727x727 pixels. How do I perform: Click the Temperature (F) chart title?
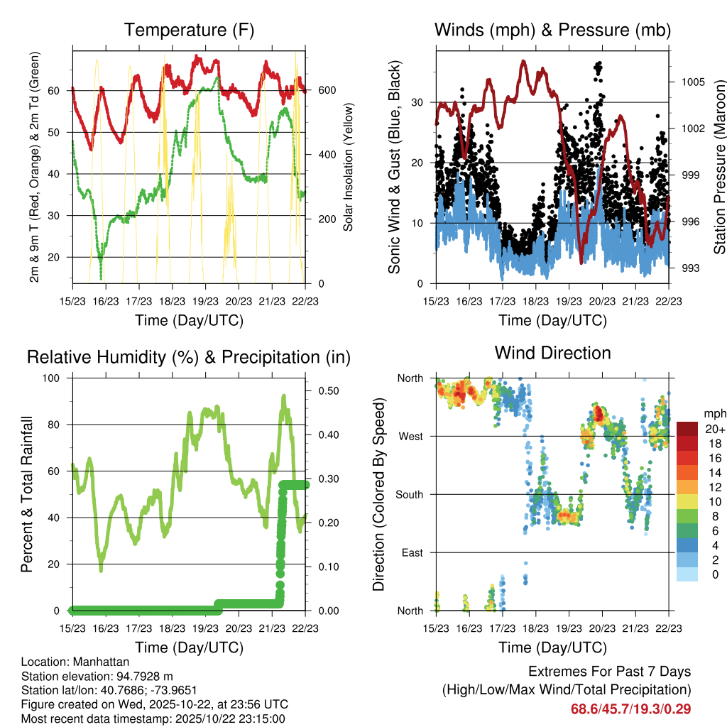189,31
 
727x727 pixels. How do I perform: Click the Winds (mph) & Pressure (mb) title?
552,31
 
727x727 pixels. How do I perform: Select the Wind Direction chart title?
552,353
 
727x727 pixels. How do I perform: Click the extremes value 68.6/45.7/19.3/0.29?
630,709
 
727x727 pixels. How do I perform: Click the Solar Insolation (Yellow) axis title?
348,167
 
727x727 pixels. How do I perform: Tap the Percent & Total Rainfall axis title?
26,495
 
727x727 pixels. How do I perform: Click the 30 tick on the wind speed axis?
418,102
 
